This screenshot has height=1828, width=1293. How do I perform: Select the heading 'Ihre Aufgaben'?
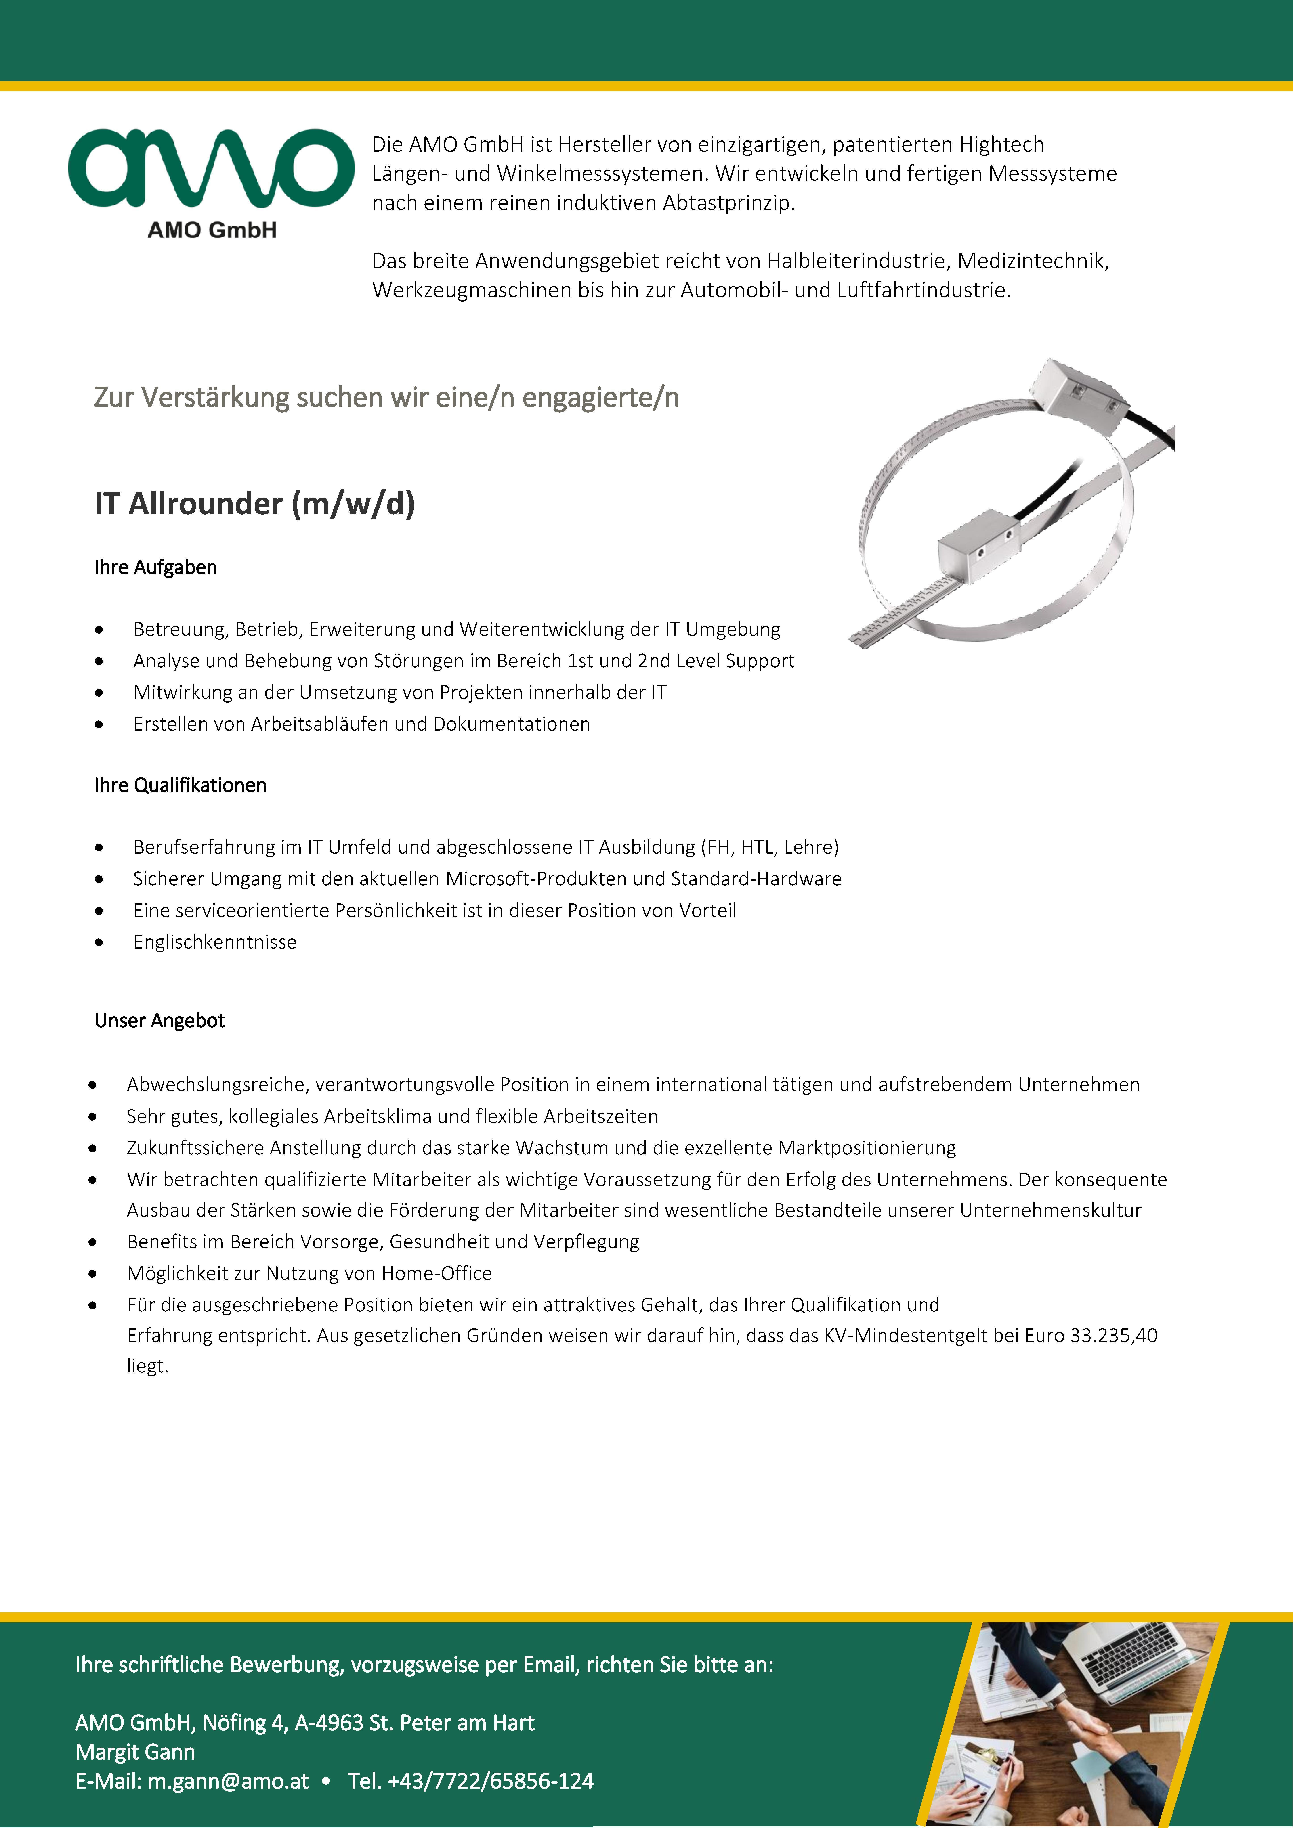pos(155,568)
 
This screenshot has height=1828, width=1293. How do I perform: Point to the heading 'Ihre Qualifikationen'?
pos(180,785)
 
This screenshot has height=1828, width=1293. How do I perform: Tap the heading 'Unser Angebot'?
pos(159,1021)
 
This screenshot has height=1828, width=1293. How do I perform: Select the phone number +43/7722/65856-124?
pos(490,1781)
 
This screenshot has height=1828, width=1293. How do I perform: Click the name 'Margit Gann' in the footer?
pos(135,1752)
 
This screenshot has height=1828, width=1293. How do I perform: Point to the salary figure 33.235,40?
pos(1113,1335)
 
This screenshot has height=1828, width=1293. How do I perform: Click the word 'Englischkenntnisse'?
pos(215,942)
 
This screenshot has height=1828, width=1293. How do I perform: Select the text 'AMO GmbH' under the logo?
pos(212,230)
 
